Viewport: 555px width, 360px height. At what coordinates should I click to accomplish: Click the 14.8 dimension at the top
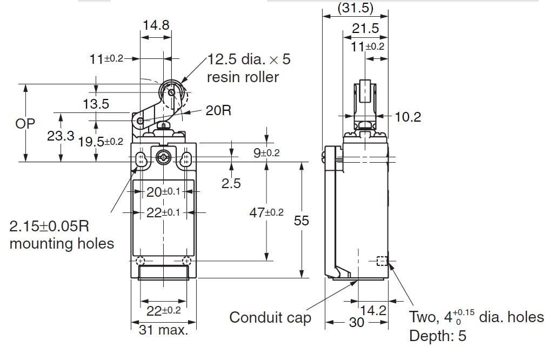pyautogui.click(x=155, y=25)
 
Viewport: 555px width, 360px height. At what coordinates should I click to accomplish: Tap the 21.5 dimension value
pyautogui.click(x=365, y=29)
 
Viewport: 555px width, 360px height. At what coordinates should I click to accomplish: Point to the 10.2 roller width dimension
pyautogui.click(x=407, y=117)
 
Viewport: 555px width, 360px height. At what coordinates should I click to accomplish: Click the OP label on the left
pyautogui.click(x=25, y=123)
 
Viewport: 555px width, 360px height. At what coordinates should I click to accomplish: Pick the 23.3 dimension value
pyautogui.click(x=61, y=136)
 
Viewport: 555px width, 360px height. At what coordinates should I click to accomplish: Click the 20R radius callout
pyautogui.click(x=218, y=110)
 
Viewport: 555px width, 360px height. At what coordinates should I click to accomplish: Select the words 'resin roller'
pyautogui.click(x=243, y=77)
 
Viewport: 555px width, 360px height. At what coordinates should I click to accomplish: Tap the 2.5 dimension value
pyautogui.click(x=231, y=183)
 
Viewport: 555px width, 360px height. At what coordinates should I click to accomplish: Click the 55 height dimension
pyautogui.click(x=302, y=220)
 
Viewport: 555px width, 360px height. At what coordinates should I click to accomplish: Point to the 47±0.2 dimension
pyautogui.click(x=266, y=212)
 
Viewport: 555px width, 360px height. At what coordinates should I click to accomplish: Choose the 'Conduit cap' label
pyautogui.click(x=270, y=318)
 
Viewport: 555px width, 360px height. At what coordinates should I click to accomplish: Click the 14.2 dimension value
pyautogui.click(x=373, y=310)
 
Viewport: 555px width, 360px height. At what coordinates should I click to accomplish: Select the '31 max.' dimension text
pyautogui.click(x=164, y=330)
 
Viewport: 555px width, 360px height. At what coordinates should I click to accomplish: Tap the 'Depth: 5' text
pyautogui.click(x=437, y=336)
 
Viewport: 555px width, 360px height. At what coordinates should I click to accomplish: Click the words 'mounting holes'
pyautogui.click(x=62, y=243)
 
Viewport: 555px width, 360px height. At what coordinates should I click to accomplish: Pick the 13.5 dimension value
pyautogui.click(x=96, y=104)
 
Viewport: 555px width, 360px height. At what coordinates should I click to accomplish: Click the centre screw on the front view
pyautogui.click(x=163, y=158)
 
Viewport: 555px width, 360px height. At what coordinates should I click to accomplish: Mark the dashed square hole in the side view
pyautogui.click(x=382, y=262)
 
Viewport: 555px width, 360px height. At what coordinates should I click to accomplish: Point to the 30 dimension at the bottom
pyautogui.click(x=357, y=323)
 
